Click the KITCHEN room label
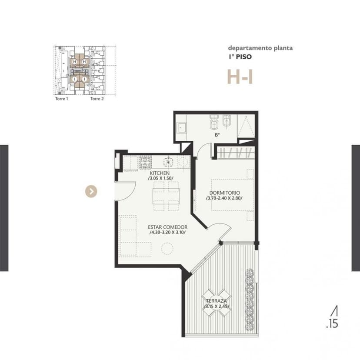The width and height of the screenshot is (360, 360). point(160,173)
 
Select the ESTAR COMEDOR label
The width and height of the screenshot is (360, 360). point(167,227)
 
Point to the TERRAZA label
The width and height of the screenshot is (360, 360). point(216,301)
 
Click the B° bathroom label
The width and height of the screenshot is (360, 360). point(217,135)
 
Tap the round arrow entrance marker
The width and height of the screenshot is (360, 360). point(91,191)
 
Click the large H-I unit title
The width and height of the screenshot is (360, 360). point(240,77)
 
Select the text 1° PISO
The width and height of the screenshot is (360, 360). point(240,57)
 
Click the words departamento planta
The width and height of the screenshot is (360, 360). point(260,48)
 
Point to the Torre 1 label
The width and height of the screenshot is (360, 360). point(62,99)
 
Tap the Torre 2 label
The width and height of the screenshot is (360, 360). point(97,99)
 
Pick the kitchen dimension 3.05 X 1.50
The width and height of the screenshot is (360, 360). point(161,178)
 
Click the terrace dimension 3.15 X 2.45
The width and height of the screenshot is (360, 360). point(217,306)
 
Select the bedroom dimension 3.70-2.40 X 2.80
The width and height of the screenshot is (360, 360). point(224,198)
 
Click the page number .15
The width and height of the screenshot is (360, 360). point(332,324)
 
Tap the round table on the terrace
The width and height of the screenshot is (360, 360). point(216,303)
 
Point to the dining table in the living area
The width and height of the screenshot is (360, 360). point(166,196)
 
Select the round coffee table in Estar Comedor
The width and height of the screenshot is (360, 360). point(167,248)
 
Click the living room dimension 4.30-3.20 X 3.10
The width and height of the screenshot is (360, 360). point(167,232)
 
